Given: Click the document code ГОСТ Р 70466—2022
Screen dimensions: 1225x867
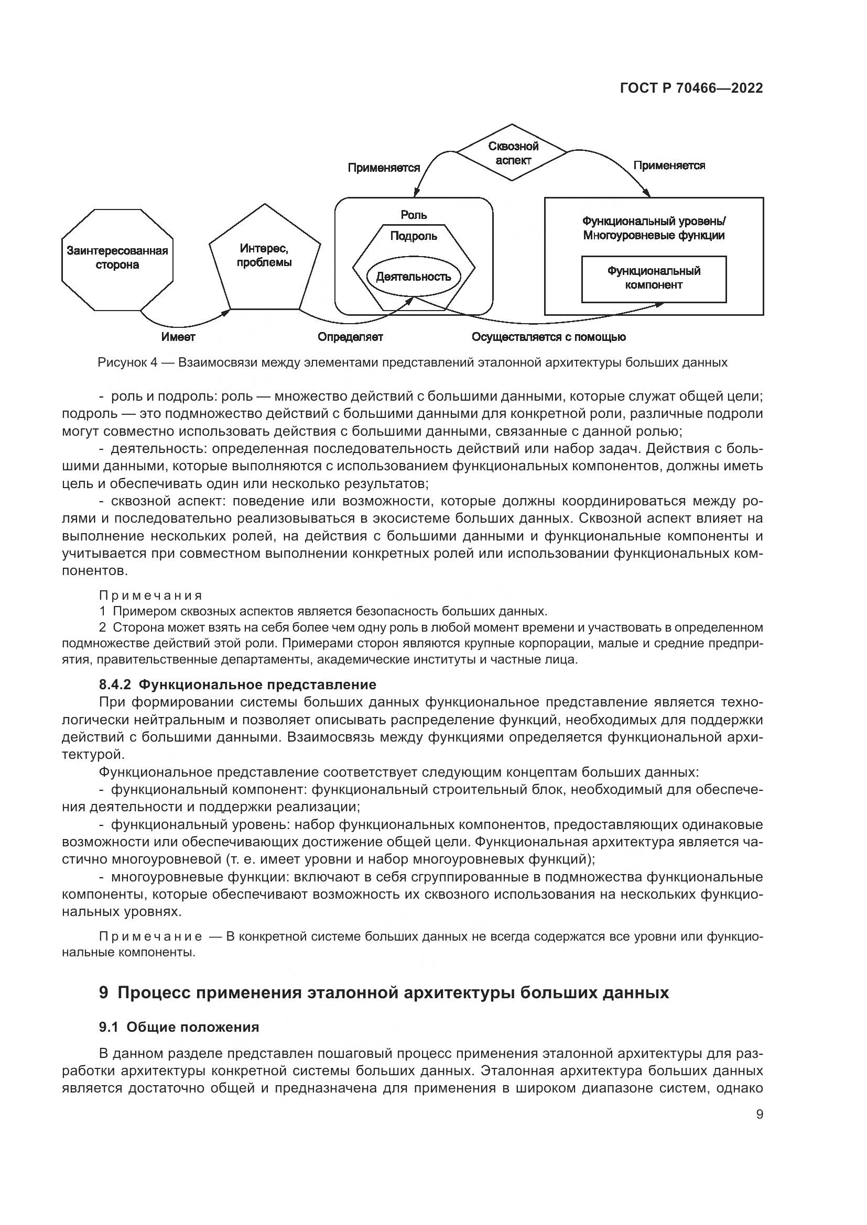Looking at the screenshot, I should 691,88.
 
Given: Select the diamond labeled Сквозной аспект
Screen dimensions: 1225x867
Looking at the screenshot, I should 513,153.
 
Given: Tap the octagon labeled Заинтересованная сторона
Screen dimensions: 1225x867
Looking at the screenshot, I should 117,258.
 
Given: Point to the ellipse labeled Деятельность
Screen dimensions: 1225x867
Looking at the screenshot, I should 413,277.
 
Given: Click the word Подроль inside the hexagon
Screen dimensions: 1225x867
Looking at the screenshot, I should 413,236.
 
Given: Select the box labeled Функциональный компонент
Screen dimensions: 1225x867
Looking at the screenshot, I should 654,278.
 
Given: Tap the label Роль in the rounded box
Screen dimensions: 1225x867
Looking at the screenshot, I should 413,215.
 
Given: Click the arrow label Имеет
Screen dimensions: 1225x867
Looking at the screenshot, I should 178,337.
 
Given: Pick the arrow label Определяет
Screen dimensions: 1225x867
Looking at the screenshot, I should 350,337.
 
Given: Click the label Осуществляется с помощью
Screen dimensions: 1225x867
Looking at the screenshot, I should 548,337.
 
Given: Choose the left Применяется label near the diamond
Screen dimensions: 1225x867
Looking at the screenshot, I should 384,168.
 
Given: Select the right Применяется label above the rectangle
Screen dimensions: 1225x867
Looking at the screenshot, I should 669,165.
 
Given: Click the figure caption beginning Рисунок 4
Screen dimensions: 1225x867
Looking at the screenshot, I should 412,363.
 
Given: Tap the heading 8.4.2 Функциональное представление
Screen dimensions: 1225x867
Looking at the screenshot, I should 237,684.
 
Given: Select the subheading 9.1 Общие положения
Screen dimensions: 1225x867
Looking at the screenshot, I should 179,1027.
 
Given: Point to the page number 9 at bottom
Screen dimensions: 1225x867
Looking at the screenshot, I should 759,1114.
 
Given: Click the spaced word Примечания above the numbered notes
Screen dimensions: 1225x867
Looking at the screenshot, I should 150,595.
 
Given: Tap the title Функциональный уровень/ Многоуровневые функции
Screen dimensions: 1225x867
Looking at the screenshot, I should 654,228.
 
